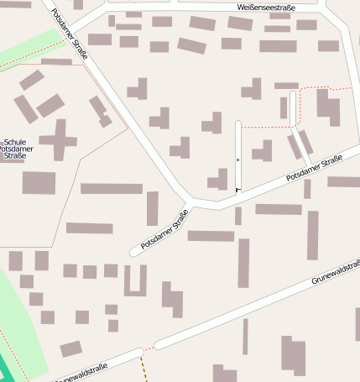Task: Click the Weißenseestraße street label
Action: tap(267, 6)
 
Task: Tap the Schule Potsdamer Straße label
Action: tap(14, 149)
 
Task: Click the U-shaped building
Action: tap(135, 280)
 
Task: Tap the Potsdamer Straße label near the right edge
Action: tap(314, 168)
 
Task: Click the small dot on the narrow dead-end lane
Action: tap(238, 159)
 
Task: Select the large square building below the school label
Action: tap(39, 183)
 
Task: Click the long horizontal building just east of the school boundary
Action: tap(112, 188)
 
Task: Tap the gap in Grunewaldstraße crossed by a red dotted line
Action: tap(149, 347)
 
